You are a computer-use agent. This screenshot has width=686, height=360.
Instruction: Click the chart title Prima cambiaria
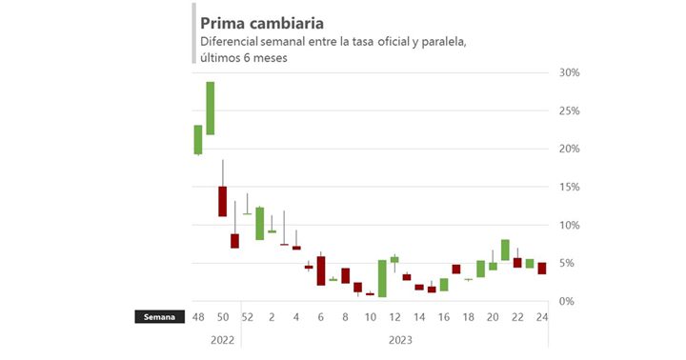click(261, 22)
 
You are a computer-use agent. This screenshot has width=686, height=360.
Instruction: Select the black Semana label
click(159, 317)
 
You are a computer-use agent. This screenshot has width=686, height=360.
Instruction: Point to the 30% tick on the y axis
click(570, 73)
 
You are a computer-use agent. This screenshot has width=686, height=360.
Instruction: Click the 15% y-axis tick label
click(570, 188)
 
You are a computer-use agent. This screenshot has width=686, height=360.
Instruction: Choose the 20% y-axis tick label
click(570, 150)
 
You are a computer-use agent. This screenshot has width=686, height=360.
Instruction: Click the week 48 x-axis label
click(198, 317)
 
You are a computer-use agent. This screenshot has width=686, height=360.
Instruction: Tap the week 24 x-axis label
click(542, 317)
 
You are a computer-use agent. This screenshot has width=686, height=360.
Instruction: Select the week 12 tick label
click(394, 317)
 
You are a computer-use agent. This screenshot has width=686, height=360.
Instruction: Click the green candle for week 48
click(198, 140)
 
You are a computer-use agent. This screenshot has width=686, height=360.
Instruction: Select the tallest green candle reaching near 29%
click(211, 109)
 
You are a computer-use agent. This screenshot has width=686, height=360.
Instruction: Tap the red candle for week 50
click(223, 201)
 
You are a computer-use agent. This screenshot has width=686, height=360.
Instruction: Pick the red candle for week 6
click(321, 270)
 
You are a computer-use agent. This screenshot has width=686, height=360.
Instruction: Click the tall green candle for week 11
click(382, 278)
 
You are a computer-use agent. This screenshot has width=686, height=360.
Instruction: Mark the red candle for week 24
click(542, 269)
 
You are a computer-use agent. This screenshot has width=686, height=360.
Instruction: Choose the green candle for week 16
click(444, 284)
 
